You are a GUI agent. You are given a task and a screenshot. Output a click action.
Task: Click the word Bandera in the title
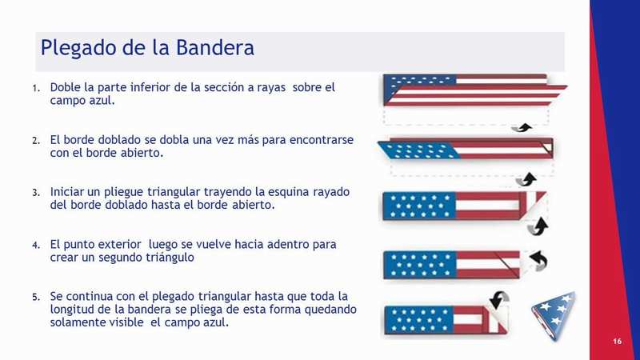click(x=215, y=47)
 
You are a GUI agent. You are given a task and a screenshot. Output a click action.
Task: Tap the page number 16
click(x=617, y=342)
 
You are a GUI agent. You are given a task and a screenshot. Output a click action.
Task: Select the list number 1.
click(x=36, y=88)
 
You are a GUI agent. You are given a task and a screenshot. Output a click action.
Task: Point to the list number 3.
click(x=36, y=193)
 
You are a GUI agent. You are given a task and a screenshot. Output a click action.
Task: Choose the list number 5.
click(x=36, y=297)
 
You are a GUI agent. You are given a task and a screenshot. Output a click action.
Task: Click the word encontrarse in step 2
click(x=322, y=139)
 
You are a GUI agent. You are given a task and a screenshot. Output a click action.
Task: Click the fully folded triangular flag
click(x=554, y=315)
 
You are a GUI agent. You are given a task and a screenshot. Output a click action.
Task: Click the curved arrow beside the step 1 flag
click(x=522, y=128)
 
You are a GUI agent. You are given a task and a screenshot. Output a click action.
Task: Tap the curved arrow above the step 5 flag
click(x=498, y=300)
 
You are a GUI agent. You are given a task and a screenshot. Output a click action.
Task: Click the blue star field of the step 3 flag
click(x=419, y=206)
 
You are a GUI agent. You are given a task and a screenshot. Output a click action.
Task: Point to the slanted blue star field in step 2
click(x=419, y=150)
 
